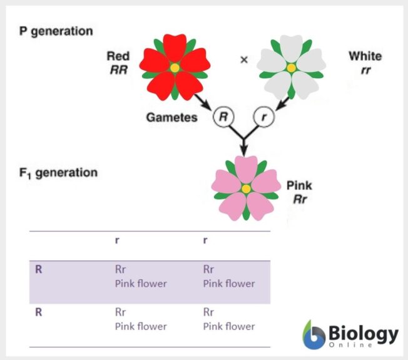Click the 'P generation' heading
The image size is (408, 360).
[x=56, y=31]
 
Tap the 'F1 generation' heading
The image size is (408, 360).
[x=57, y=172]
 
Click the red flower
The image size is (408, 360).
[x=175, y=67]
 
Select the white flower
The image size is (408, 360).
[x=290, y=67]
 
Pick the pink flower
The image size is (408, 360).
[x=246, y=188]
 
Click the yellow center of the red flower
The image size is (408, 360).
[x=175, y=67]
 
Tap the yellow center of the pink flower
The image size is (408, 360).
[x=246, y=188]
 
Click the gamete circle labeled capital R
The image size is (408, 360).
[x=223, y=117]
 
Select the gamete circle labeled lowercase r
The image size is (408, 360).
[x=263, y=117]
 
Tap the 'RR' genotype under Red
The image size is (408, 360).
[x=118, y=69]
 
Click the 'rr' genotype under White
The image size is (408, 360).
[x=365, y=70]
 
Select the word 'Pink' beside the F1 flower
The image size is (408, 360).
[x=298, y=186]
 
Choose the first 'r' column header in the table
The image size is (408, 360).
[x=117, y=240]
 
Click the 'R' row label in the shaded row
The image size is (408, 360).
[x=39, y=270]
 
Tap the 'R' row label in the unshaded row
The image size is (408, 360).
[x=39, y=312]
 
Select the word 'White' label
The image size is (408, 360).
[x=365, y=56]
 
